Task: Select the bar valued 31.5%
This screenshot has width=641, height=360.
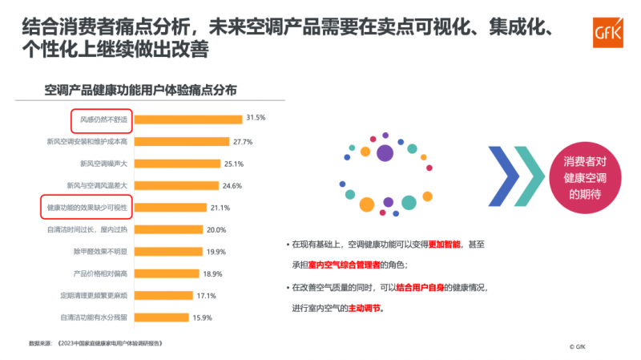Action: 187,119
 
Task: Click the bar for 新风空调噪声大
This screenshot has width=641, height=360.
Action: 176,164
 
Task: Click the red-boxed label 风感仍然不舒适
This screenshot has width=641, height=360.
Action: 100,119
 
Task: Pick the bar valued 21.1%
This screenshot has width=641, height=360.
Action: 169,208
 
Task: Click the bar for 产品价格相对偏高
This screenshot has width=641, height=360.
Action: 165,273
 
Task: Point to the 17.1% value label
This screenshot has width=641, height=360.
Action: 208,295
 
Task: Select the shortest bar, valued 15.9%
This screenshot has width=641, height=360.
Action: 160,318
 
